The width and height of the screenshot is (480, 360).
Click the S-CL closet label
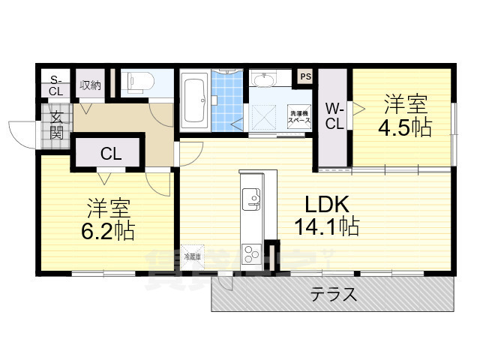55,85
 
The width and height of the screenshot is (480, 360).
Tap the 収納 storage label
90,85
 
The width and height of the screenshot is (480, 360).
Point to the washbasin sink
263,79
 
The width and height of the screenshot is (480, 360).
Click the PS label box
305,76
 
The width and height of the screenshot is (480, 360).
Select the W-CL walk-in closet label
334,116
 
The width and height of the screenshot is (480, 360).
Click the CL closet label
111,154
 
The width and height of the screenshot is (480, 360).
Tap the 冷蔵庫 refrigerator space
192,256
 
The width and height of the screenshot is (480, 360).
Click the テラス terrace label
334,295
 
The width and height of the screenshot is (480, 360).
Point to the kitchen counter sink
250,199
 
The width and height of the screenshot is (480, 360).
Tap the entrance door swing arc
22,135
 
